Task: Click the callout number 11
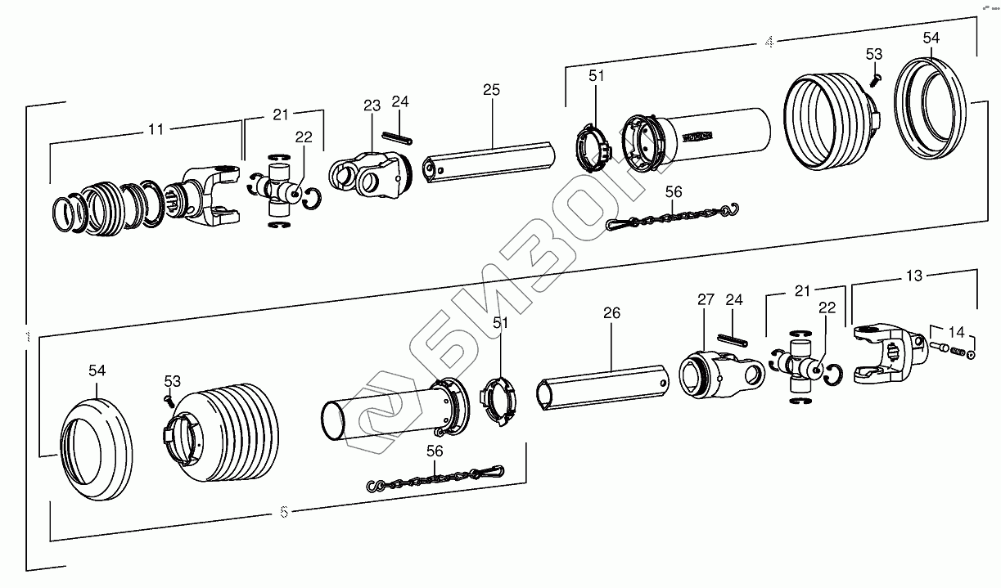156,128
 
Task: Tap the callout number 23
372,105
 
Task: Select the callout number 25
491,89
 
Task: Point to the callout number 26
611,312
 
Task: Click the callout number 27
706,299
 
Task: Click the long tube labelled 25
488,160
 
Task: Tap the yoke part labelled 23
368,174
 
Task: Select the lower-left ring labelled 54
96,449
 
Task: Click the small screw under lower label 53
169,397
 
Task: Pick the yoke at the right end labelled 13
886,353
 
